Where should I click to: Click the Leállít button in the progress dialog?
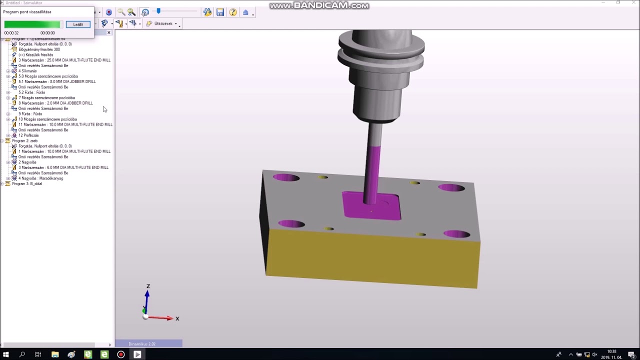click(78, 24)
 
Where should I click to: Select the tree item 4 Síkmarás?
click(27, 71)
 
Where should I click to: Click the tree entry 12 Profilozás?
click(28, 135)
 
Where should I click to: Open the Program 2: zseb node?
click(24, 141)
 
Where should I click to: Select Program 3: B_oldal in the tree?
click(27, 183)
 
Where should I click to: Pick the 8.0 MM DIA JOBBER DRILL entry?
click(57, 81)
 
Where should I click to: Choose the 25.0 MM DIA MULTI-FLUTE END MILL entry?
click(64, 60)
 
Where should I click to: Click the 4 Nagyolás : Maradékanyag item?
click(40, 178)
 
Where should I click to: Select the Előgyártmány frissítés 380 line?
click(39, 49)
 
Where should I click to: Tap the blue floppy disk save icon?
click(220, 12)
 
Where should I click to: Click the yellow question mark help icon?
click(233, 12)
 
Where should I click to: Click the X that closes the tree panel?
click(109, 32)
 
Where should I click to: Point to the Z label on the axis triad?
click(148, 286)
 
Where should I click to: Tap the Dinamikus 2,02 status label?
click(142, 344)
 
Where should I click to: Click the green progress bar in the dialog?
click(32, 24)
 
